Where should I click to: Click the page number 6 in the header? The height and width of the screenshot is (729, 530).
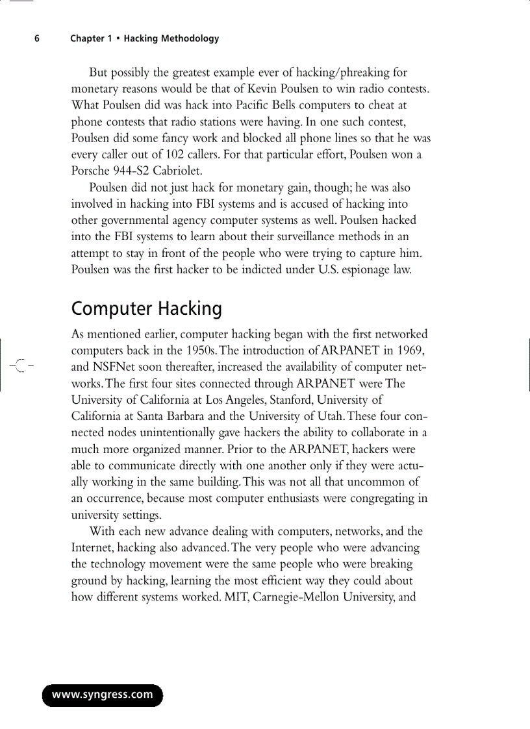click(x=37, y=38)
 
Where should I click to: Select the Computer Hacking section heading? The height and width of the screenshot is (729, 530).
click(x=146, y=308)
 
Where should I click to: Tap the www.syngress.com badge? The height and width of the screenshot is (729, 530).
click(x=103, y=695)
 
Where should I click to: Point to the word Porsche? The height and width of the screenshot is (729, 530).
click(x=91, y=171)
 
